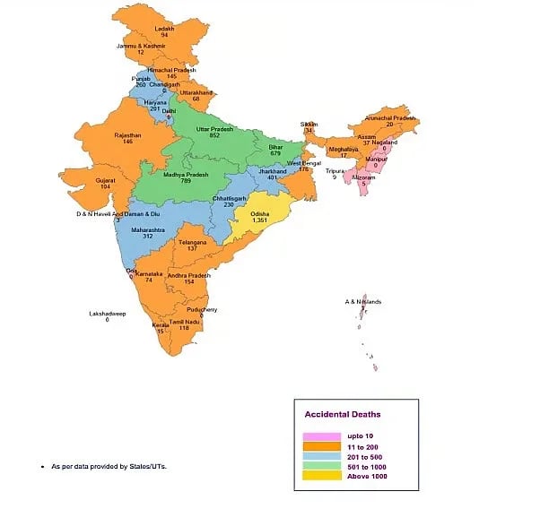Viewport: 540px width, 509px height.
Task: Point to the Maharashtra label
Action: (148, 229)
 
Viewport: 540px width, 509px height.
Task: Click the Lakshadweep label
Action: (107, 313)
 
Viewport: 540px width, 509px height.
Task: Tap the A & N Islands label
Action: (365, 302)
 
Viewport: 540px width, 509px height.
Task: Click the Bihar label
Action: (275, 146)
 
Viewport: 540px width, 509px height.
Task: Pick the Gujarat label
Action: (106, 179)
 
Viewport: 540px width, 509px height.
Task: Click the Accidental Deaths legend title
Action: (342, 415)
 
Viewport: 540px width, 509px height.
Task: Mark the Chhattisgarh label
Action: (230, 197)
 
